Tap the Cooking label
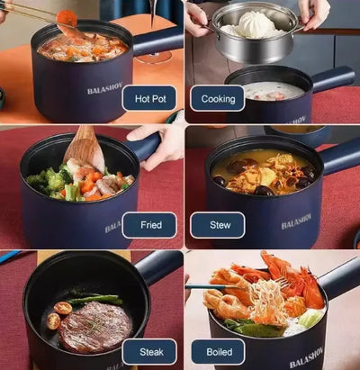(x=217, y=99)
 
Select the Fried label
(x=148, y=225)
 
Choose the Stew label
(x=217, y=225)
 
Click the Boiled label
(x=217, y=351)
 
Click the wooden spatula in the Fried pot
(x=85, y=149)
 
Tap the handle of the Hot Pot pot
(x=158, y=41)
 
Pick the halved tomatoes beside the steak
(x=57, y=315)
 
